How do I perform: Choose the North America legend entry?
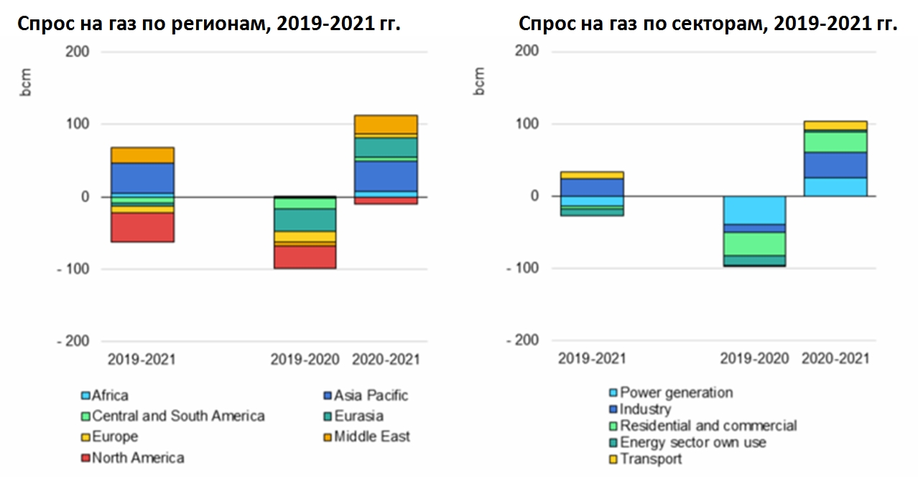(137, 457)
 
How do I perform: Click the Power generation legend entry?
(676, 393)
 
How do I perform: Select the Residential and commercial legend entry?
(708, 426)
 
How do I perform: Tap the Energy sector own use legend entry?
(692, 442)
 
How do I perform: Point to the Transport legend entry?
(650, 459)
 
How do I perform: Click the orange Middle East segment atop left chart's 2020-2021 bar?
(386, 124)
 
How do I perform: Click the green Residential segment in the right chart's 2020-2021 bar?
(835, 141)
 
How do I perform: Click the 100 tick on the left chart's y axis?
(78, 124)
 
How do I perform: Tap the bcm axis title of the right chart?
(479, 81)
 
